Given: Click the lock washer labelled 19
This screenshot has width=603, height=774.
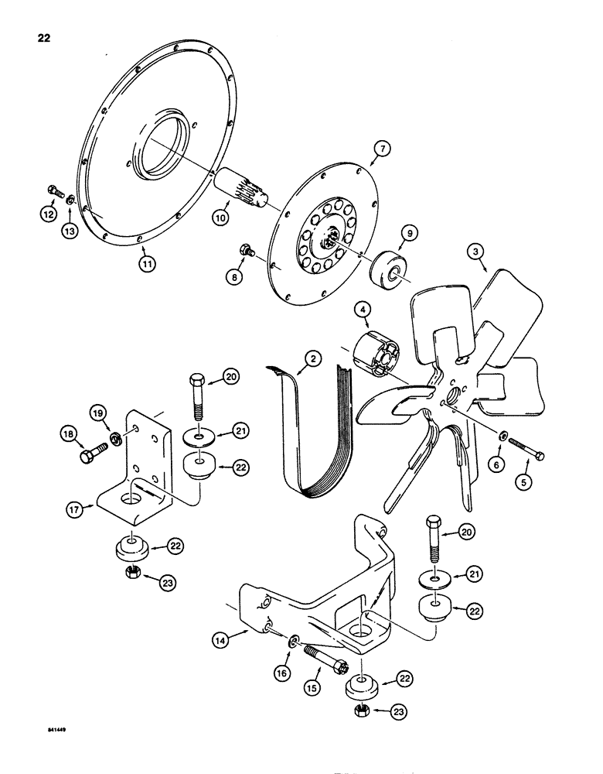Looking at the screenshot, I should [x=114, y=438].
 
